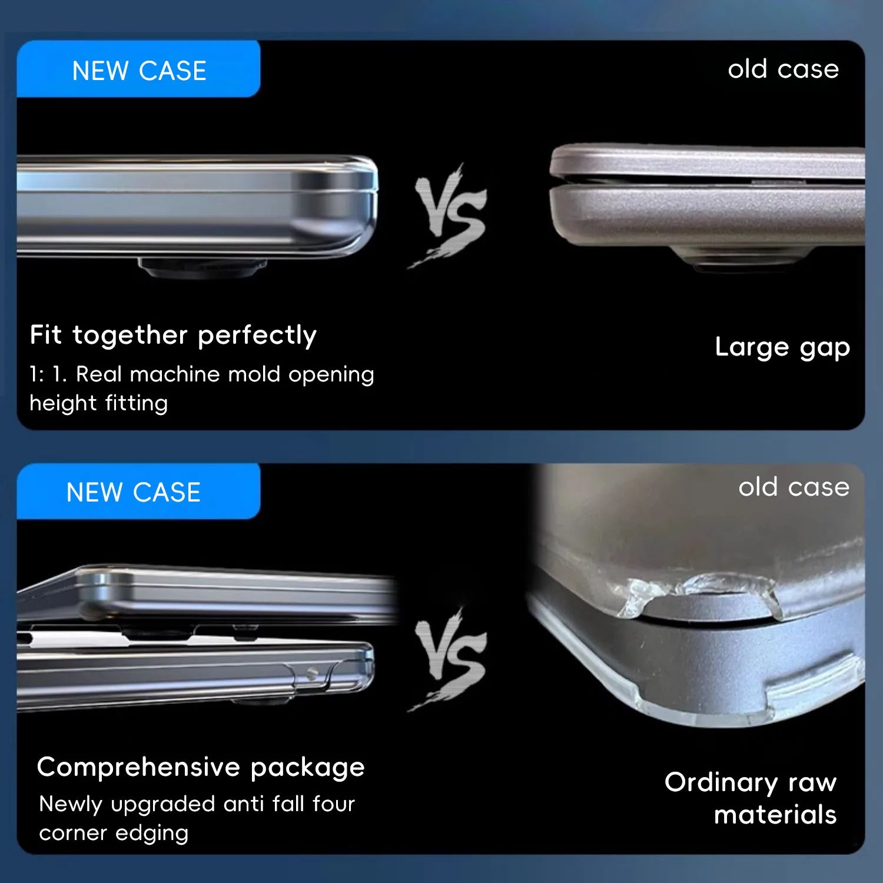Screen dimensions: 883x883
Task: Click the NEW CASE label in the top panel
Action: [x=139, y=71]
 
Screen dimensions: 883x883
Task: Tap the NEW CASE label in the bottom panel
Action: [x=134, y=492]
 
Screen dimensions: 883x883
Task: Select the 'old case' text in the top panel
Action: [x=783, y=69]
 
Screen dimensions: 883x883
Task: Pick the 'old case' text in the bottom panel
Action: [x=794, y=487]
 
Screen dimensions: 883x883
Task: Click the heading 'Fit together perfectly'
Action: [x=173, y=336]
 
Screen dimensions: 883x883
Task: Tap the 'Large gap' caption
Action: [x=782, y=347]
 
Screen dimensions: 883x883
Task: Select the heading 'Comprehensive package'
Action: [x=201, y=768]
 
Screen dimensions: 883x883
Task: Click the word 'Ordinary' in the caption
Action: [x=721, y=783]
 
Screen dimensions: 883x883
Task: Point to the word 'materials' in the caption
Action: [x=775, y=815]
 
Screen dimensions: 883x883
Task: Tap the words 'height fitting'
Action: [x=99, y=403]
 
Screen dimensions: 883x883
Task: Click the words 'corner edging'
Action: [x=114, y=834]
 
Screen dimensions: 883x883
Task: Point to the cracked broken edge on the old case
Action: [x=701, y=589]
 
